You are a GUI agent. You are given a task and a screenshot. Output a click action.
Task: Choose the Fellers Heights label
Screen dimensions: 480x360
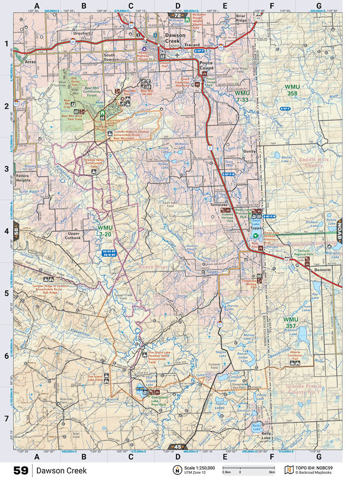click(23, 177)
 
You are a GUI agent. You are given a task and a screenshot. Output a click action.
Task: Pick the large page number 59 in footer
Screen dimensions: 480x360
click(20, 470)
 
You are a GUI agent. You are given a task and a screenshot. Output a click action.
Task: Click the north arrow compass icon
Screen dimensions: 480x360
click(175, 470)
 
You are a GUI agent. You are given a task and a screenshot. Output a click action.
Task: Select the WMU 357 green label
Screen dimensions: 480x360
click(291, 323)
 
